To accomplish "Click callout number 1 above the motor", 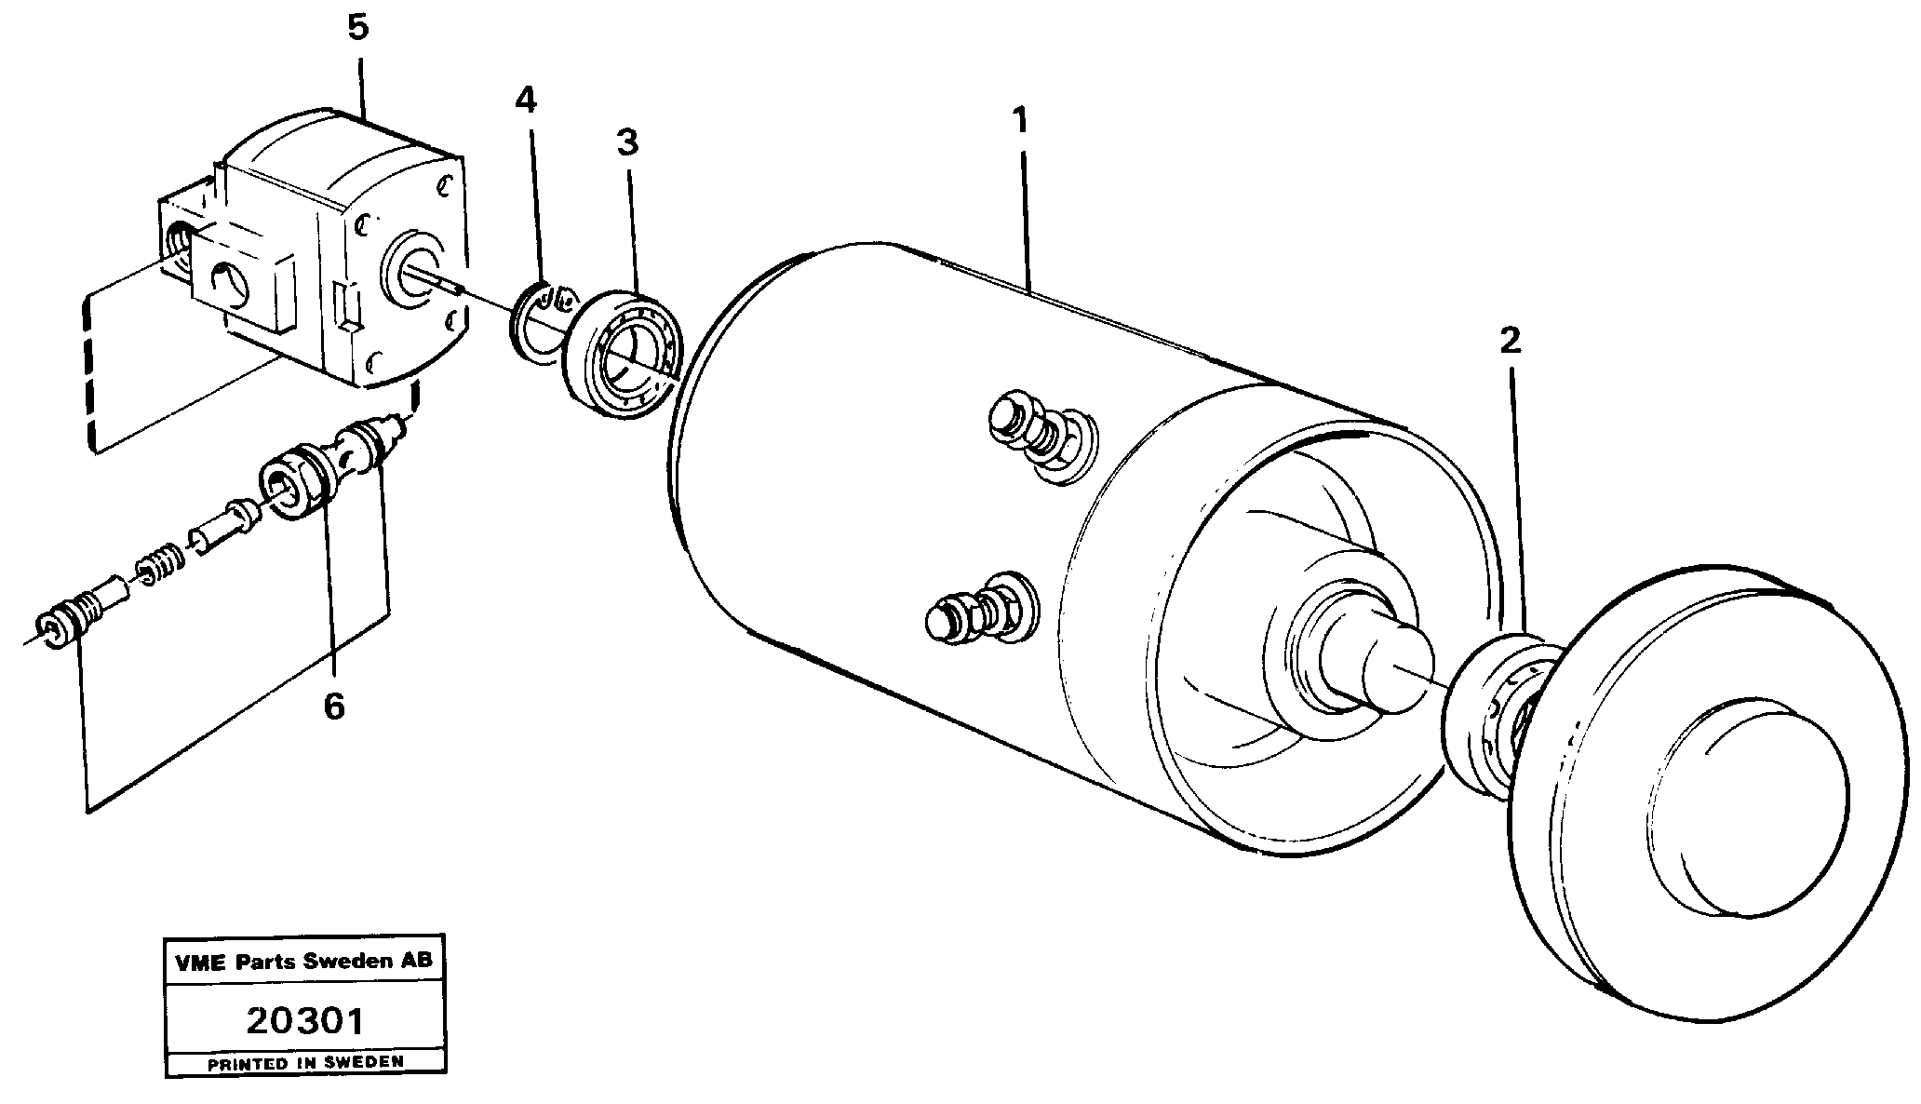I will tap(1021, 121).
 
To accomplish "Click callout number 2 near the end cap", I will tap(1510, 342).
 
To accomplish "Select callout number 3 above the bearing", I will tap(627, 143).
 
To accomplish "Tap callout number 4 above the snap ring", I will tap(526, 100).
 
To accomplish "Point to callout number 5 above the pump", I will tap(358, 27).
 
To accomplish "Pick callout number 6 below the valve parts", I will tap(333, 707).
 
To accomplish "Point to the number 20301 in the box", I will tap(304, 1021).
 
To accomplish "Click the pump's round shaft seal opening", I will tap(412, 277).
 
